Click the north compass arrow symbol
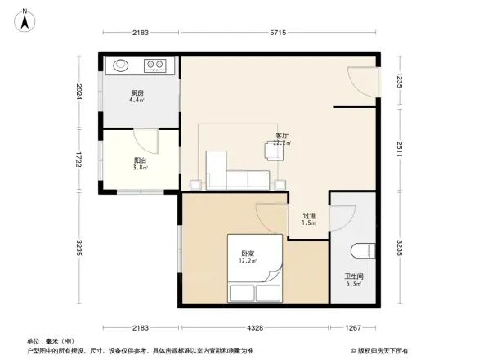25,19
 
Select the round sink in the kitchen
121,65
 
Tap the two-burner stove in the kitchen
156,65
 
